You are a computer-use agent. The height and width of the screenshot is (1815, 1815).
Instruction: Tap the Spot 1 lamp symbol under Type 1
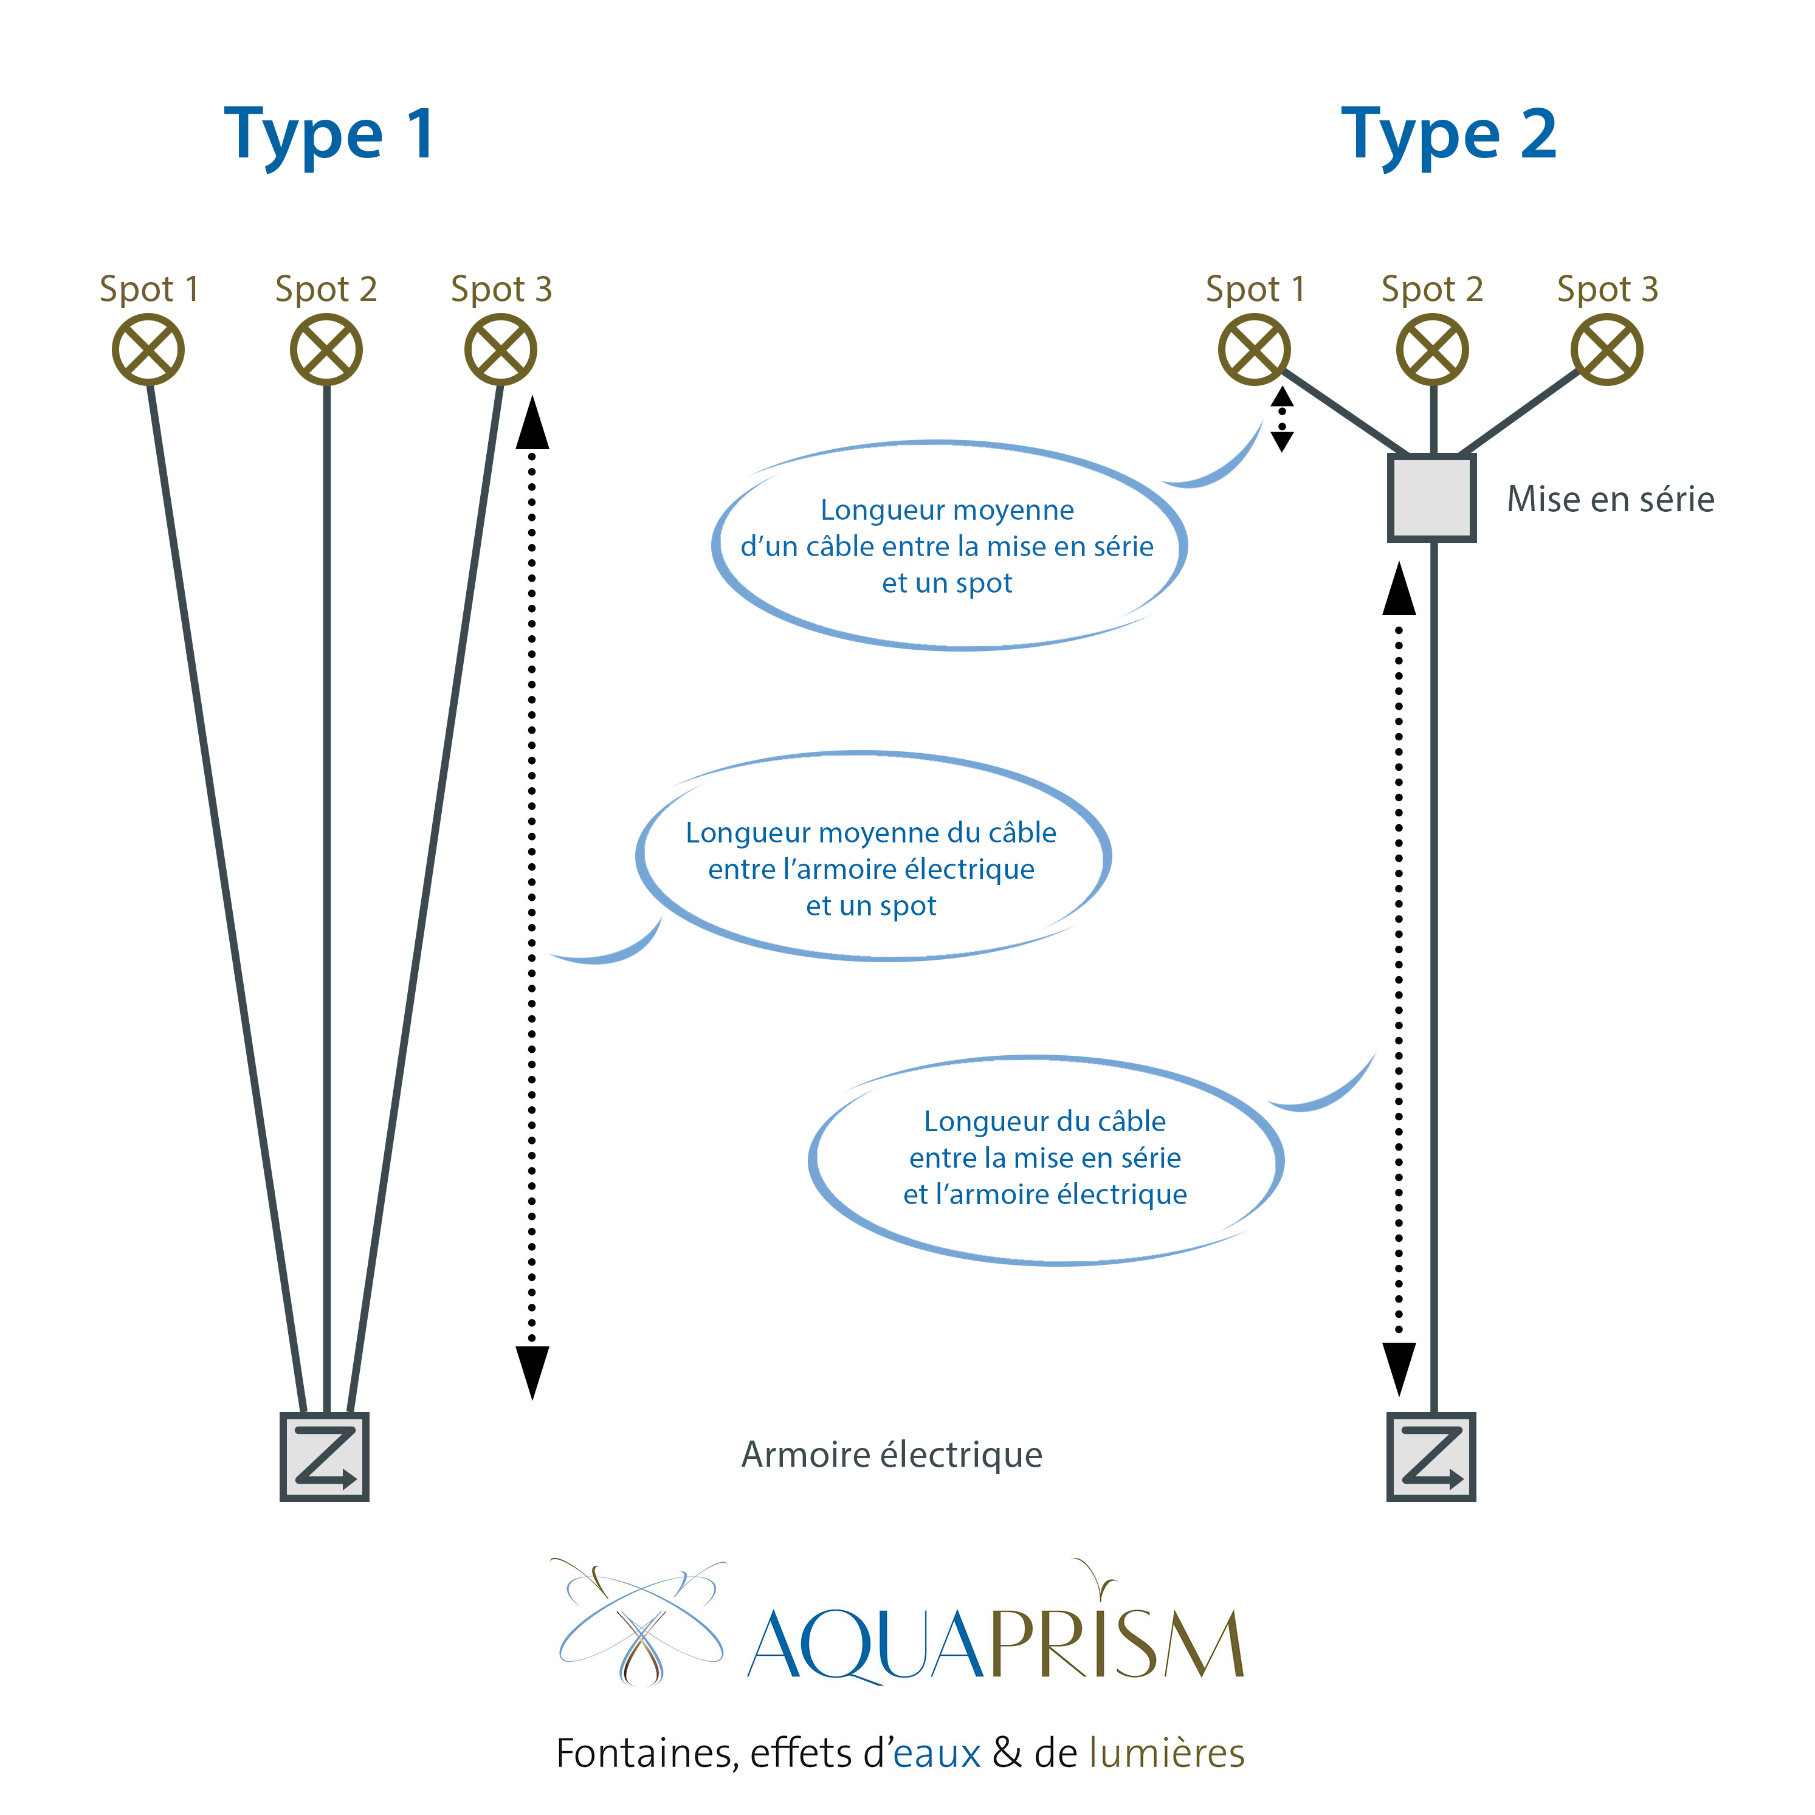[x=148, y=350]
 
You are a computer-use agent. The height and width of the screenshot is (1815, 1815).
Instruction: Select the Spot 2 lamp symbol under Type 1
[x=326, y=350]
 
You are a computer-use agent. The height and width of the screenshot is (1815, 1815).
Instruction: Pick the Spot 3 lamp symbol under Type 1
[x=501, y=350]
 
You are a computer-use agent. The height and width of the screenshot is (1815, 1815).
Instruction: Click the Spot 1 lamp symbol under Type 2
[x=1254, y=350]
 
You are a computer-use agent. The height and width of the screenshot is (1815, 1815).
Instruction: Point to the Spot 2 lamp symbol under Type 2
[x=1431, y=350]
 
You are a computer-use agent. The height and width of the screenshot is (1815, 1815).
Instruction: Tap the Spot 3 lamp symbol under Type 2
[x=1607, y=350]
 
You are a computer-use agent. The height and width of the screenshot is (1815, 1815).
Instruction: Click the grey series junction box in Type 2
[x=1431, y=498]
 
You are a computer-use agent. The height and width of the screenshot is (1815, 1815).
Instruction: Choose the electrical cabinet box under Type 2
[x=1431, y=1456]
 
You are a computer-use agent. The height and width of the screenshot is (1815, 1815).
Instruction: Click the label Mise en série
[x=1610, y=499]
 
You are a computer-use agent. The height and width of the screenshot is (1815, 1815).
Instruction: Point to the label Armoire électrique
[x=892, y=1455]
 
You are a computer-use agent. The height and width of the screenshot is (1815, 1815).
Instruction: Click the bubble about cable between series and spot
[x=947, y=546]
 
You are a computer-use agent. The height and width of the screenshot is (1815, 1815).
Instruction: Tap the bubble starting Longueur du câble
[x=1045, y=1157]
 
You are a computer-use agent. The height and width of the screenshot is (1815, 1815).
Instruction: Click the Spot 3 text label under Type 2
[x=1607, y=288]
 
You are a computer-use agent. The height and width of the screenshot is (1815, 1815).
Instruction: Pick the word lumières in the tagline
[x=1167, y=1753]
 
